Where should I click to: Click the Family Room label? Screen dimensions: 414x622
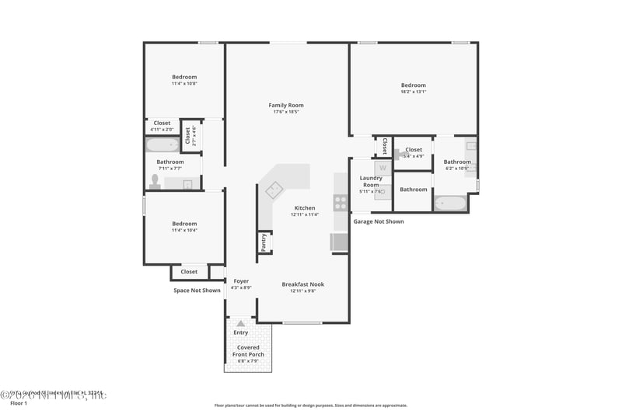(286, 105)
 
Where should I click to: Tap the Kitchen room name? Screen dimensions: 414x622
(305, 208)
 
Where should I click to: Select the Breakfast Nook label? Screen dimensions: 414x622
(302, 284)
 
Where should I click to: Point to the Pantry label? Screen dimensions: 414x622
(264, 242)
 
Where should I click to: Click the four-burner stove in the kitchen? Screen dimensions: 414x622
(341, 203)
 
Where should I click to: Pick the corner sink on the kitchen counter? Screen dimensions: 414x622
(274, 189)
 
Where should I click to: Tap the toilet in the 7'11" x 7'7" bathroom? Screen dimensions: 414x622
(155, 182)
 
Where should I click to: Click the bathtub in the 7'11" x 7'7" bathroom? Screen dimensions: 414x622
(162, 144)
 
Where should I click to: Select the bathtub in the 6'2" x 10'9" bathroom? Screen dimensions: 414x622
(450, 204)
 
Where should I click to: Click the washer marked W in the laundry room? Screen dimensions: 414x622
(382, 167)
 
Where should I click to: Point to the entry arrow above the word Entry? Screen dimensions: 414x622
(241, 322)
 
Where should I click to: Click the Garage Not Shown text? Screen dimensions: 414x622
(379, 221)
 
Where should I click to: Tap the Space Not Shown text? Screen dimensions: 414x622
(197, 290)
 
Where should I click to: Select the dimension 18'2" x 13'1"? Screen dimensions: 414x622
(414, 92)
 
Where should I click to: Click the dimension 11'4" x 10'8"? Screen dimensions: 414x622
(184, 84)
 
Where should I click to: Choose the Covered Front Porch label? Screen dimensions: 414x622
(249, 351)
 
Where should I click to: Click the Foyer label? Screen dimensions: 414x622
(241, 281)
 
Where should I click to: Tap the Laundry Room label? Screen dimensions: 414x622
(371, 181)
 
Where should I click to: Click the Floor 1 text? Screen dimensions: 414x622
(18, 404)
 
